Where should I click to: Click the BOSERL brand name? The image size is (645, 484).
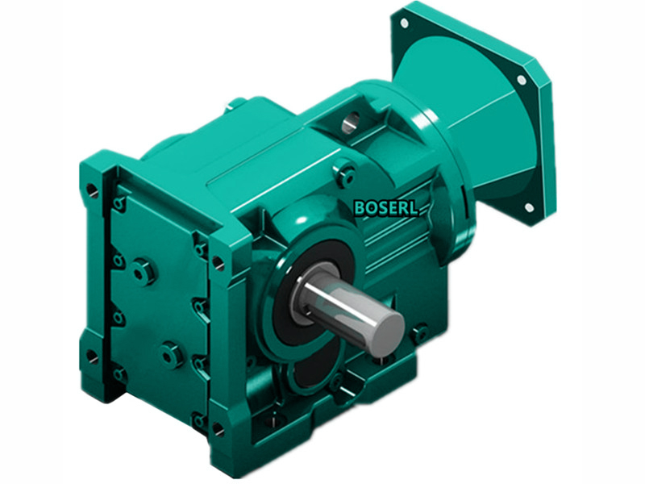[x=386, y=207]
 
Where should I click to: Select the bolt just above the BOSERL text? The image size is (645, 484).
[x=346, y=171]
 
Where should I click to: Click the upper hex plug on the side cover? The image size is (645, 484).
[x=144, y=271]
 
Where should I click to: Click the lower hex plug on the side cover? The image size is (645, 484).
[x=171, y=353]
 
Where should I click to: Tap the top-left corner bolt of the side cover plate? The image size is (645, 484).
[x=119, y=204]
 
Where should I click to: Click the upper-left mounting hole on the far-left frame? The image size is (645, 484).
[x=91, y=191]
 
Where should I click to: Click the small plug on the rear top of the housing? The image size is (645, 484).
[x=234, y=102]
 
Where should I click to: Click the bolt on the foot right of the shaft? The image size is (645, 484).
[x=418, y=330]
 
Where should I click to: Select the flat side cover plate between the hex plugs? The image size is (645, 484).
[x=157, y=311]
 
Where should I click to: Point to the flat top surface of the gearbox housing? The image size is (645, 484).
[x=266, y=153]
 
